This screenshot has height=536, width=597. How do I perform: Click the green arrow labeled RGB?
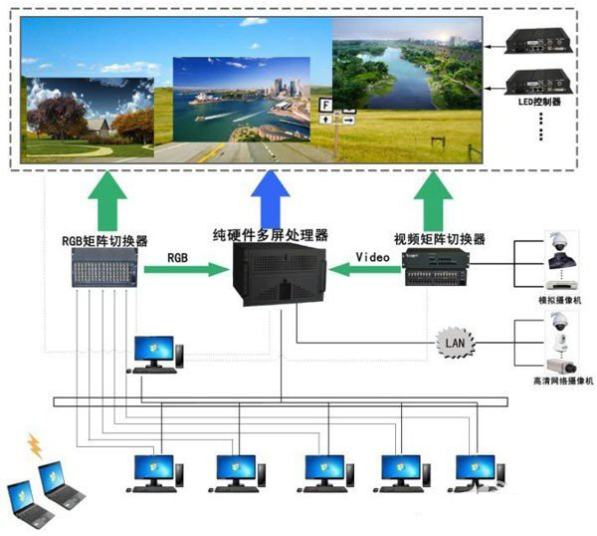185,268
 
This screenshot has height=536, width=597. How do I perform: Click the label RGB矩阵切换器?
103,240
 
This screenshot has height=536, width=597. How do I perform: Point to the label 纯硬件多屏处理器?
272,235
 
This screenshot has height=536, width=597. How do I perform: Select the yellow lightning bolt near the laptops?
36,445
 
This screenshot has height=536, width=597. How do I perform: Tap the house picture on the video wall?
91,116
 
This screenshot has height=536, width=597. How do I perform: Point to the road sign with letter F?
325,105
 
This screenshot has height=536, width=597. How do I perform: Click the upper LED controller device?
538,41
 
